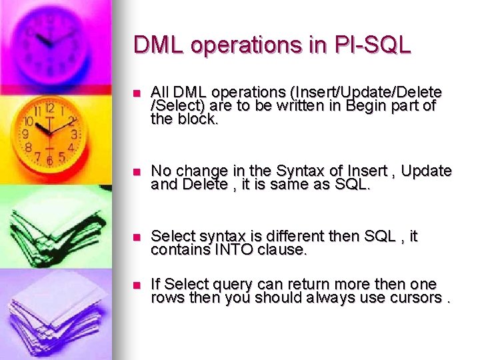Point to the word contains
179,250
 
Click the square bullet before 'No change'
137,171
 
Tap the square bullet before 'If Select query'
137,284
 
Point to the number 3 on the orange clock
74,135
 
